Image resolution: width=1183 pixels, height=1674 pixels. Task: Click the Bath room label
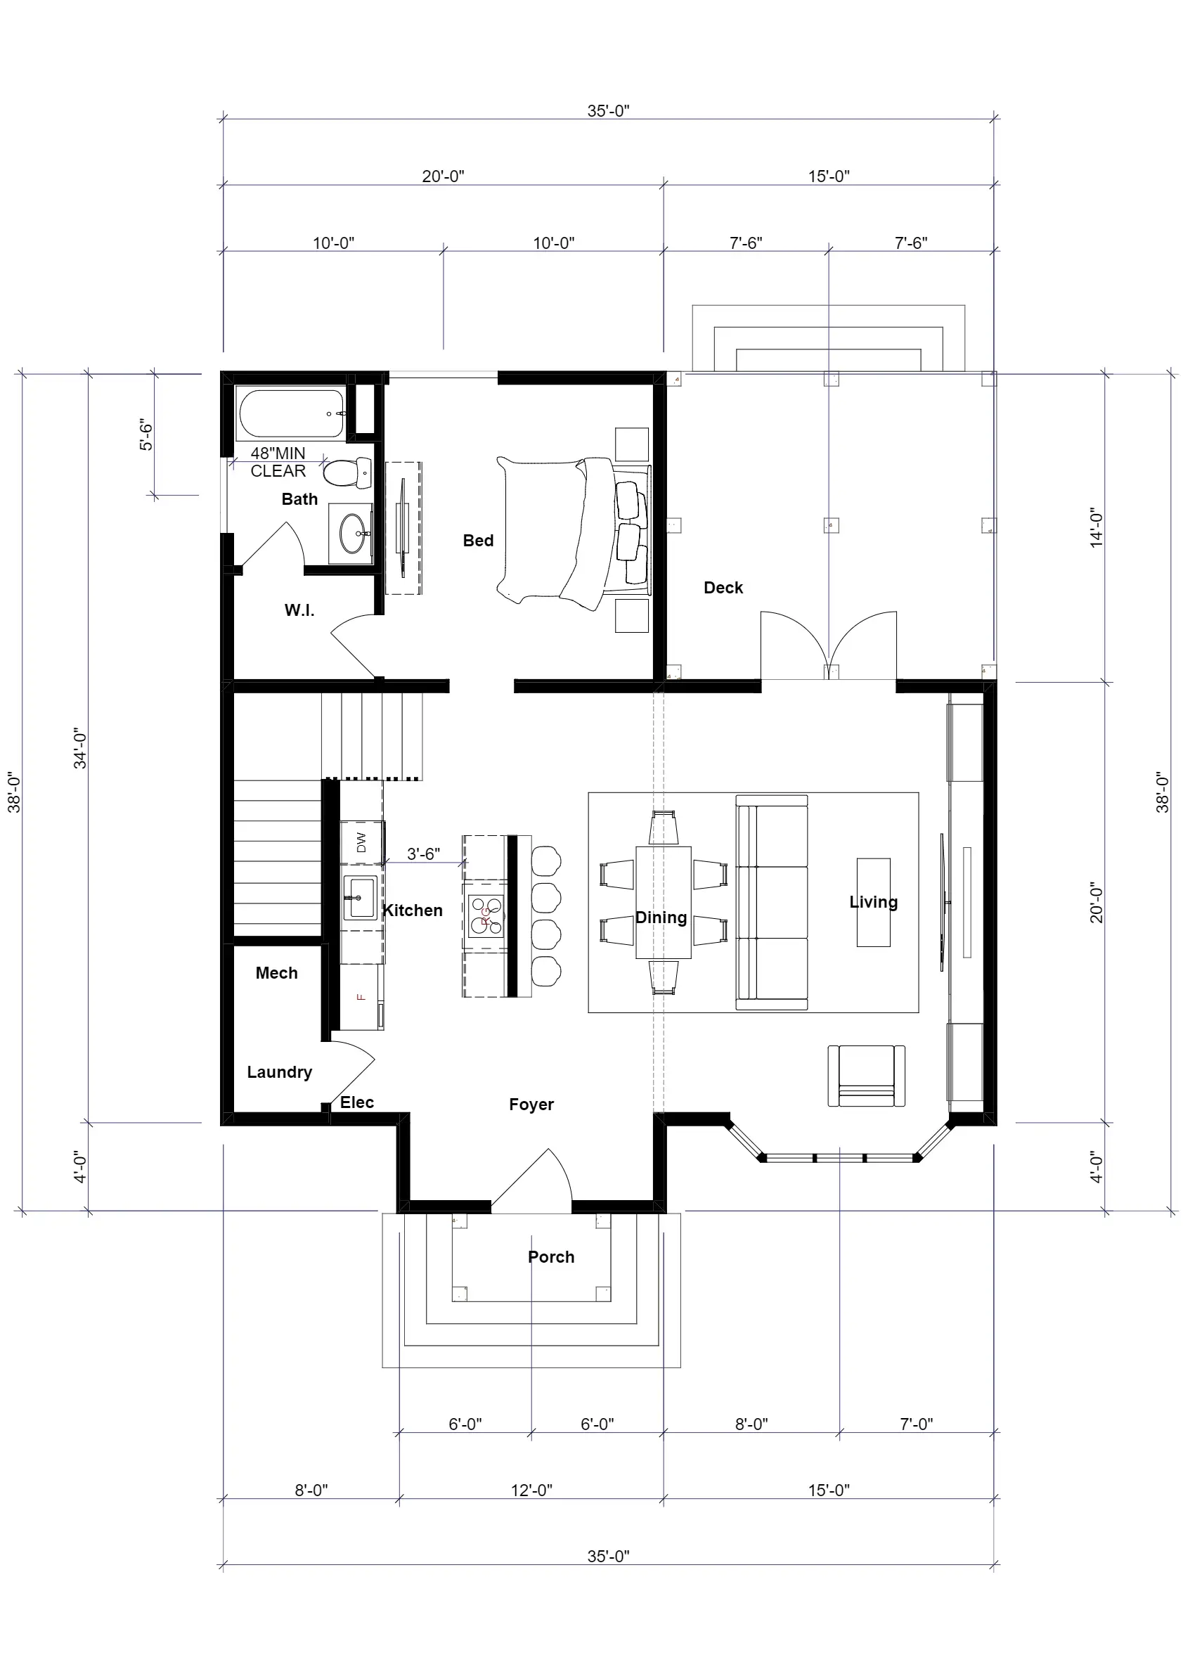tap(299, 499)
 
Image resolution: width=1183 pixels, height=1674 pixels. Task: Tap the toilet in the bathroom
tap(348, 473)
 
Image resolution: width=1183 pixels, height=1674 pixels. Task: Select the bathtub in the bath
tap(292, 413)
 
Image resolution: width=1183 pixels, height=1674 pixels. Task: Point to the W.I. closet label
tap(299, 610)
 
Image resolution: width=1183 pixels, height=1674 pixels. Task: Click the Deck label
tap(723, 588)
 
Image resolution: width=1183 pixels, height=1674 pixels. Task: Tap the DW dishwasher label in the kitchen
tap(361, 843)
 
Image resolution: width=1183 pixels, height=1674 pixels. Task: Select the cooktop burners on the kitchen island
tap(486, 915)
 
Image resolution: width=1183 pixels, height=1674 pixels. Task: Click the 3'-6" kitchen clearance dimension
tap(423, 854)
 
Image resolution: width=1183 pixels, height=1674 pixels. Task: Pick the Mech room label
tap(276, 973)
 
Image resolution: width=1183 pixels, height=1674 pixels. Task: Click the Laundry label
tap(279, 1072)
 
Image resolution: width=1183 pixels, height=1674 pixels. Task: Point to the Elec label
tap(357, 1102)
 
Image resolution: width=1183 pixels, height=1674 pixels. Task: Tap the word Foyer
tap(531, 1105)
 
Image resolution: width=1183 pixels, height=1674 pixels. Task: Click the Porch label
tap(551, 1257)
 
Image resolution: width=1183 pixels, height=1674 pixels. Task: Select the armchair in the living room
tap(866, 1076)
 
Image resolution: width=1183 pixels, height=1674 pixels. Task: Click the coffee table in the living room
tap(873, 902)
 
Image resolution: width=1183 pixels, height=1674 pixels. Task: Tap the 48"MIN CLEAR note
tap(278, 462)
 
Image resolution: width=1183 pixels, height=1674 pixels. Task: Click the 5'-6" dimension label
tap(146, 435)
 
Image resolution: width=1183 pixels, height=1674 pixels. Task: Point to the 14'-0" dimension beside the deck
tap(1097, 528)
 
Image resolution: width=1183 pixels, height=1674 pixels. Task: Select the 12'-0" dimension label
tap(531, 1490)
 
